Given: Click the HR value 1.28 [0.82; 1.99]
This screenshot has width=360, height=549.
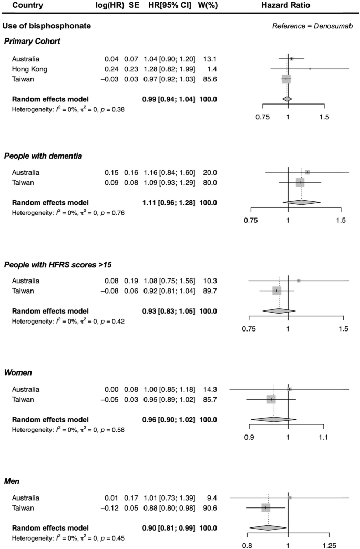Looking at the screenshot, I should tap(168, 69).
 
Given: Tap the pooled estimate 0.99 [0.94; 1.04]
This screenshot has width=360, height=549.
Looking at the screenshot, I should tap(168, 99).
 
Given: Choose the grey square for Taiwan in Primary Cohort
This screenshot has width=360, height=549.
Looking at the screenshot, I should tap(286, 79).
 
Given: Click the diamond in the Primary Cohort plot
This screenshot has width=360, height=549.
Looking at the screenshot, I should tap(286, 99).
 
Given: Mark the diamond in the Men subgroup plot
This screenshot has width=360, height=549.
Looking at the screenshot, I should tap(267, 527).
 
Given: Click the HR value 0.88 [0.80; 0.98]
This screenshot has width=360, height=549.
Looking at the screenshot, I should tap(168, 508).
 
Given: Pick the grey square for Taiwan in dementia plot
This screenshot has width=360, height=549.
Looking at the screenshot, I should tap(300, 182).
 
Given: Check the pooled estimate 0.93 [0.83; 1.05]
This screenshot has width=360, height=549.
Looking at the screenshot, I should tap(168, 310).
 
